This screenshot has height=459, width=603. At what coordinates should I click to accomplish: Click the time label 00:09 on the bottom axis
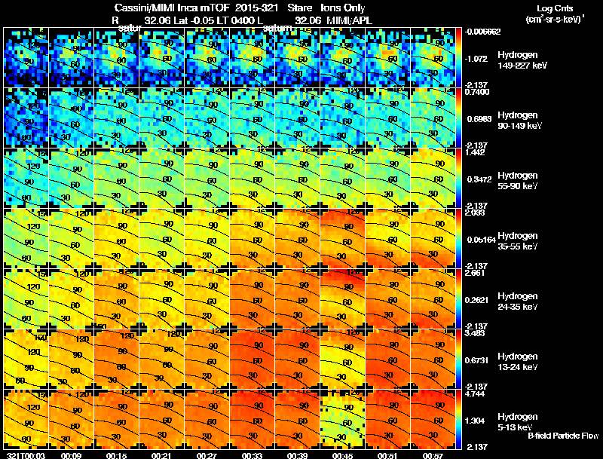(72, 455)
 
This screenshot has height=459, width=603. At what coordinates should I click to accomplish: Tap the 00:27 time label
(207, 455)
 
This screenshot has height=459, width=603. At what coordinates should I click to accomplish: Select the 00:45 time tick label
(343, 455)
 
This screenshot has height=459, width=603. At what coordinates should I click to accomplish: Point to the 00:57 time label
(433, 455)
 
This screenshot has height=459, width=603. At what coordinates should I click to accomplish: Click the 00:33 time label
(253, 455)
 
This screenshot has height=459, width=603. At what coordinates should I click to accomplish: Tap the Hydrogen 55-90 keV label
(517, 181)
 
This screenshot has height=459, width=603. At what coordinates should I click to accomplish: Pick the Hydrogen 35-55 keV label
(517, 241)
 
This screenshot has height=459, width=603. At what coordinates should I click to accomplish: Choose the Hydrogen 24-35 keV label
(517, 301)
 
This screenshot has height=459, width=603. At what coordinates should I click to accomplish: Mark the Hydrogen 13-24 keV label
(517, 361)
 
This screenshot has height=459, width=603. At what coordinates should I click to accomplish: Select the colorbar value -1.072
(479, 57)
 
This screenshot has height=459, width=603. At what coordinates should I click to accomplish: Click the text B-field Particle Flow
(562, 435)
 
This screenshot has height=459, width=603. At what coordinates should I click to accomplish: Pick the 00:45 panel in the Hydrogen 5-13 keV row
(343, 420)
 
